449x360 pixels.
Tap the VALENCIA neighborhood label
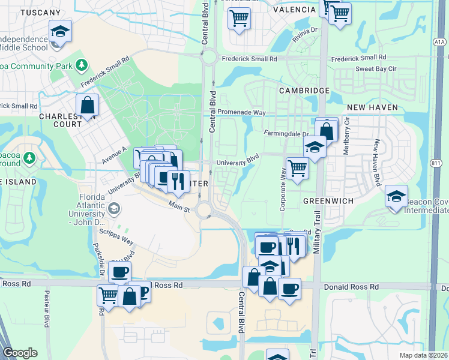coord(294,10)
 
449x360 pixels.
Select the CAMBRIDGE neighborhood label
coord(304,90)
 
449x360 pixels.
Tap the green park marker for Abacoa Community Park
coord(82,65)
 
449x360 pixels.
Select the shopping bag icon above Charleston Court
coord(88,105)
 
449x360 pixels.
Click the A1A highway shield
coord(439,42)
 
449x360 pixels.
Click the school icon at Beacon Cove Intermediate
coord(396,197)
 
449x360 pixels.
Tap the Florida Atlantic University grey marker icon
coord(113,208)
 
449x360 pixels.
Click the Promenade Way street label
coord(243,112)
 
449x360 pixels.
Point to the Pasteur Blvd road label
coord(46,309)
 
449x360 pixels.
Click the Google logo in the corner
coord(20,353)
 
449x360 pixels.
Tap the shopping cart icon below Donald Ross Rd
coord(108,295)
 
